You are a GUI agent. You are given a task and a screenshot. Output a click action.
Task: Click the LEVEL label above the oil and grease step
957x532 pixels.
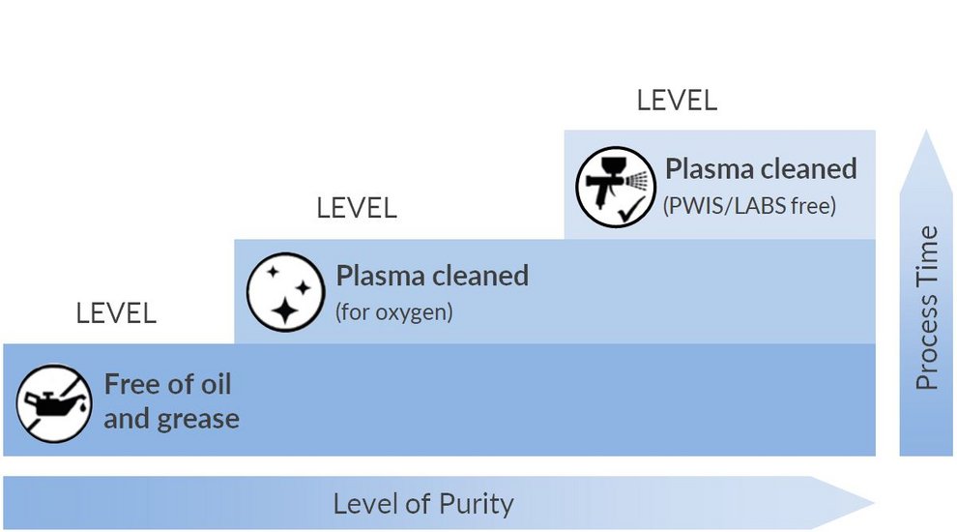(116, 313)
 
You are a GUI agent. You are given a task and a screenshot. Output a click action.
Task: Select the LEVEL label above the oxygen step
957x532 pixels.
(357, 208)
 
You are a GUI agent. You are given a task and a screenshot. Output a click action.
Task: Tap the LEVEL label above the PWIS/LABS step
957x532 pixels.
(677, 101)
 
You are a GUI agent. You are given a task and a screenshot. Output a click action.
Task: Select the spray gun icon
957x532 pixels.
(615, 187)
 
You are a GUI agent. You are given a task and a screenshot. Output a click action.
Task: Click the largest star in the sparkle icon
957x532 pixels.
(286, 308)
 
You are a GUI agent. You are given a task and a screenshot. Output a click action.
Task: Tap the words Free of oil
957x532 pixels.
(167, 384)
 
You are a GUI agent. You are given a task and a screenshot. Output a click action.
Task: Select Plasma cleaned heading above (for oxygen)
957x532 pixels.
(432, 276)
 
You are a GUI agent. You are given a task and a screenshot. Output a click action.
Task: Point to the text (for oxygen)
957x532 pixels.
(393, 313)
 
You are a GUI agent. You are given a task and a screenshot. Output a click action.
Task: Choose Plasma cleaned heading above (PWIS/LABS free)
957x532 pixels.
(761, 169)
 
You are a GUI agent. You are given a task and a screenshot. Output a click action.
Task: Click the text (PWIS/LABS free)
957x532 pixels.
(749, 206)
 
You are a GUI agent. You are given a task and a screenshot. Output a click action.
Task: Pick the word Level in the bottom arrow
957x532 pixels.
(361, 504)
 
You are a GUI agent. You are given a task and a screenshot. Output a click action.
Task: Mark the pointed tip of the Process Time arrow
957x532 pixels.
(926, 132)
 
